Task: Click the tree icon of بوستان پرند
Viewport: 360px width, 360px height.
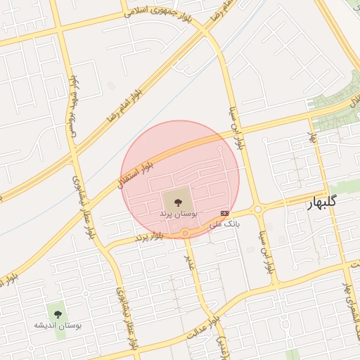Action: coord(176,200)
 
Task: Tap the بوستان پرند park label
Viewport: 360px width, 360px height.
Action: coord(178,212)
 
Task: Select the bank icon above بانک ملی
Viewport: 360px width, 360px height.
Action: coord(224,213)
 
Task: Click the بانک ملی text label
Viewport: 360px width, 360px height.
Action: coord(225,224)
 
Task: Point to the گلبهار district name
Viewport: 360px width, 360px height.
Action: coord(323,202)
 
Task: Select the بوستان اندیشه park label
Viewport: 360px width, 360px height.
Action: coord(58,326)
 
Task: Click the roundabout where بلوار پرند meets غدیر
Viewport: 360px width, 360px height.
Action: coord(186,233)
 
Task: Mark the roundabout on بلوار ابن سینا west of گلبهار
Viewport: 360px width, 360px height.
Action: coord(258,209)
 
